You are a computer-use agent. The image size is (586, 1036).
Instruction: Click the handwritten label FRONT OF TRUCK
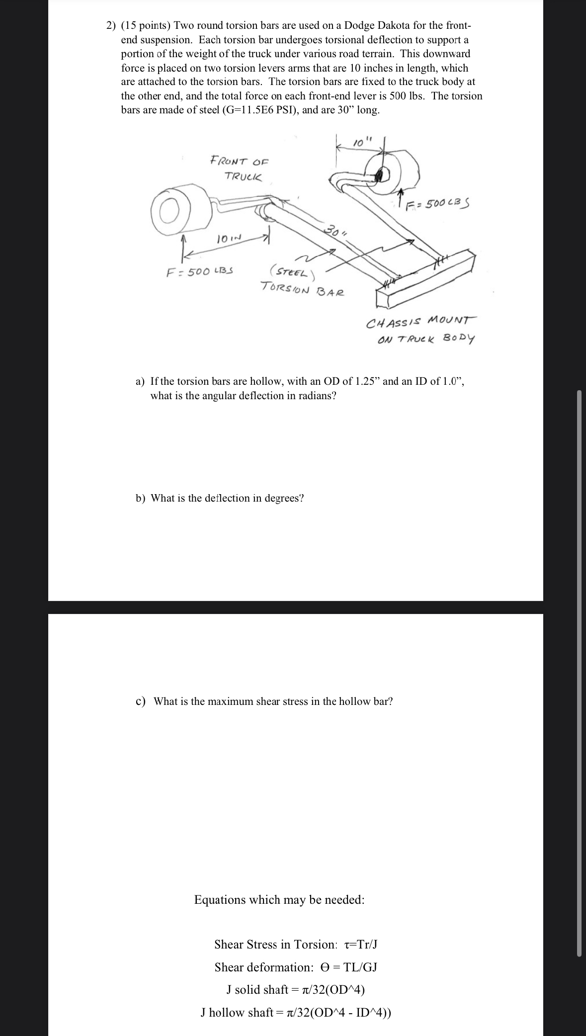[x=240, y=169]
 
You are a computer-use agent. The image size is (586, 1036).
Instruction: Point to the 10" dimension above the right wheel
[x=359, y=143]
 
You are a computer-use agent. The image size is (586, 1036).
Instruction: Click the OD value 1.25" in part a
[x=368, y=381]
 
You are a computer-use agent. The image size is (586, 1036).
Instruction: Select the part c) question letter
[x=141, y=701]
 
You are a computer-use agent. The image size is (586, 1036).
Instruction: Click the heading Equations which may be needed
[x=279, y=899]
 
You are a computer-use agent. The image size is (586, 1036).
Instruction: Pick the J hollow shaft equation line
[x=296, y=1012]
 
